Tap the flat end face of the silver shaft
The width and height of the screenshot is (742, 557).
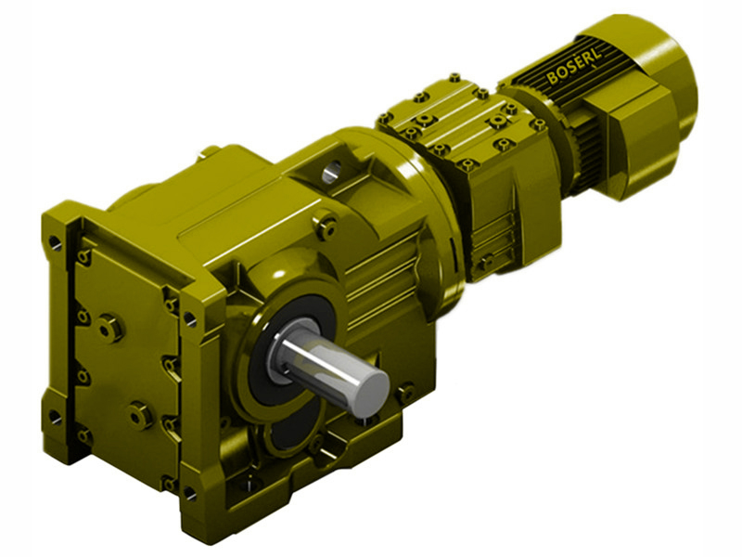tap(371, 384)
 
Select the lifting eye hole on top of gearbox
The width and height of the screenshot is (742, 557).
tap(332, 171)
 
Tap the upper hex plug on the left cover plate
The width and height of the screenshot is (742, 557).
tap(110, 327)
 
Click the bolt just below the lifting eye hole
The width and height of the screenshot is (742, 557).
tap(326, 222)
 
